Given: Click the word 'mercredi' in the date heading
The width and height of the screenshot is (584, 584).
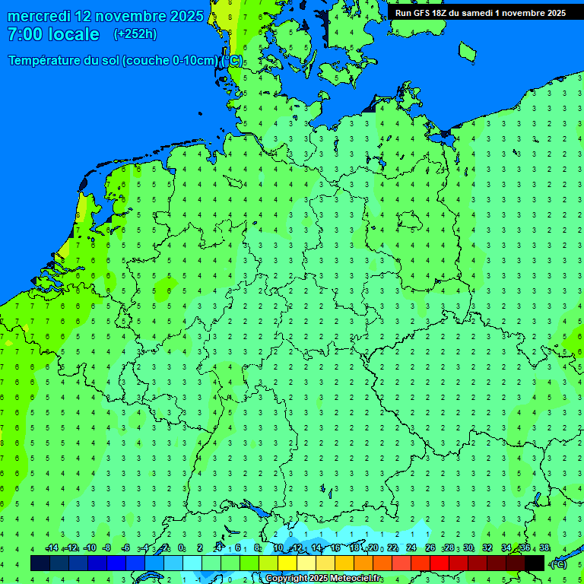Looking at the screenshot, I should [39, 16].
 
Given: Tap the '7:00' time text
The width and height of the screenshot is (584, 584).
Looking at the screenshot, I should [25, 34].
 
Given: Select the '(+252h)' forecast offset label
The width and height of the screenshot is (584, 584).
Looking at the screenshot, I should [135, 34].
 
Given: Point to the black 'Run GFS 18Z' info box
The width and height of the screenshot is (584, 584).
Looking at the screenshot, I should [481, 12].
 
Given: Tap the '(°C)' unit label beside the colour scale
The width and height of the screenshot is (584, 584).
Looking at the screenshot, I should [558, 563].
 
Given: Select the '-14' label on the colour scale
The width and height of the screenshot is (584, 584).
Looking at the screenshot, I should [52, 548].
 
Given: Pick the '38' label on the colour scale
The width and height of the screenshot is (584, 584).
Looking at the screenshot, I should [544, 548].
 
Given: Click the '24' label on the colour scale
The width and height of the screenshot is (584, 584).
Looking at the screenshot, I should [411, 548].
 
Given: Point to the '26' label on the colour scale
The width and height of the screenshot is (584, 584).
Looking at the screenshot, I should [430, 548].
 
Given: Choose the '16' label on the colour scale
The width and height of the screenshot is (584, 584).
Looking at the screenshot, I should [335, 548].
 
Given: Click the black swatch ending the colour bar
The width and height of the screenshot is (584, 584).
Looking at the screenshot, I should [535, 563].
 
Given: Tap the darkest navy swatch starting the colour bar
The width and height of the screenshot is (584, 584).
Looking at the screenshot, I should [40, 563].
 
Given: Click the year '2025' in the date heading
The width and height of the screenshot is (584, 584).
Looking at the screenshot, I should [186, 16].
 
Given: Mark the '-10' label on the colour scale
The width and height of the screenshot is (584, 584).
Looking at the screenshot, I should [90, 548].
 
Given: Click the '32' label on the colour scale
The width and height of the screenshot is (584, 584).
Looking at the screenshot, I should [487, 548].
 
